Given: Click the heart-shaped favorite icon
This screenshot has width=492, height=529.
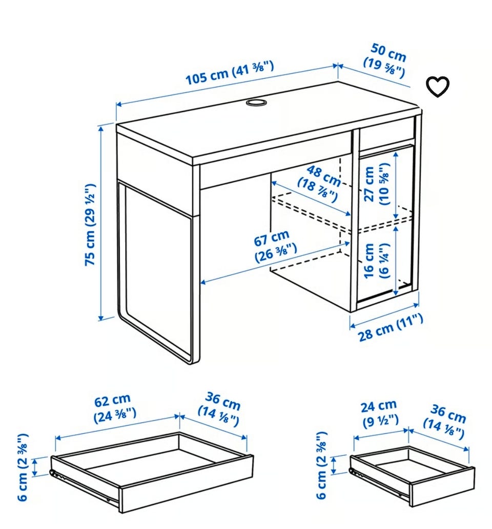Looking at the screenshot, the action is [437, 86].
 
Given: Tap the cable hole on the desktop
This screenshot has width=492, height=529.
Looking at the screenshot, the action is [256, 102].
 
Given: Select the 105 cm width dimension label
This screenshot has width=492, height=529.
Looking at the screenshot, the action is [230, 73].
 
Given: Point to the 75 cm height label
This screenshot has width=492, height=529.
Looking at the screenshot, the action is [90, 225].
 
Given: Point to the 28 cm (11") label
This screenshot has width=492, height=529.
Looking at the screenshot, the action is [391, 327].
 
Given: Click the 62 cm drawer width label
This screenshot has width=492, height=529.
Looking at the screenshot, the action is [114, 408].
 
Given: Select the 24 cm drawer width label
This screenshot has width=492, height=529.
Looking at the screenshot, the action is [380, 413].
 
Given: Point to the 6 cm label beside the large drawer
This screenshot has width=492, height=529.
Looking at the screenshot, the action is [23, 467].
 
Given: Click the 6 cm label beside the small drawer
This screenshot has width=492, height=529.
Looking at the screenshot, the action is [322, 465].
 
